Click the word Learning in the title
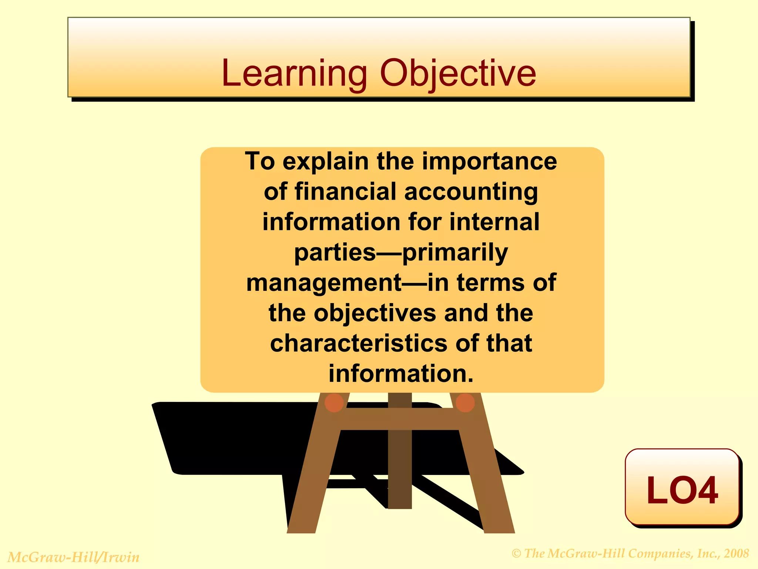pyautogui.click(x=294, y=74)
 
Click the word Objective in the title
pyautogui.click(x=458, y=74)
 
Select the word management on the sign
pyautogui.click(x=324, y=283)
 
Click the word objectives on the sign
pyautogui.click(x=375, y=313)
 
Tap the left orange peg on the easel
pyautogui.click(x=334, y=403)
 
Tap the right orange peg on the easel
pyautogui.click(x=465, y=403)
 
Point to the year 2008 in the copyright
pyautogui.click(x=736, y=553)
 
